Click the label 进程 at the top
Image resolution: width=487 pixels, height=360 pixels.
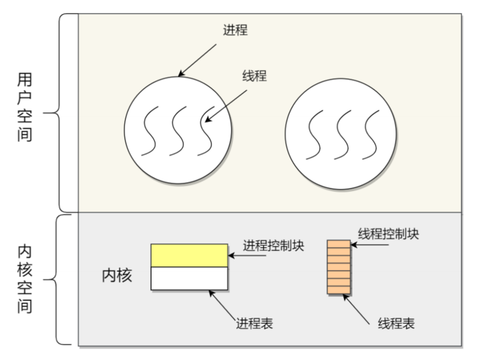coord(235,30)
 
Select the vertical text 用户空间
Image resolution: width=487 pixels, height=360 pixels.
coord(25,107)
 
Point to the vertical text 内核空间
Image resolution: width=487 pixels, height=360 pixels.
coord(25,279)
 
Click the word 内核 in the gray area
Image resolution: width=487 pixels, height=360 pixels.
coord(117,276)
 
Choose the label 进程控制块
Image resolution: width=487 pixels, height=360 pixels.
coord(274,246)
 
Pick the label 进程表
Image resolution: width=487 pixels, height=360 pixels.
coord(254,323)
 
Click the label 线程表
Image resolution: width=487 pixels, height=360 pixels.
coord(396,323)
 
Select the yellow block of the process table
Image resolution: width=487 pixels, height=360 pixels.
coord(189,255)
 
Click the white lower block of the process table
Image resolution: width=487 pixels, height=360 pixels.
coord(189,278)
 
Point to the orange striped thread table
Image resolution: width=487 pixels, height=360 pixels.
coord(338,266)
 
